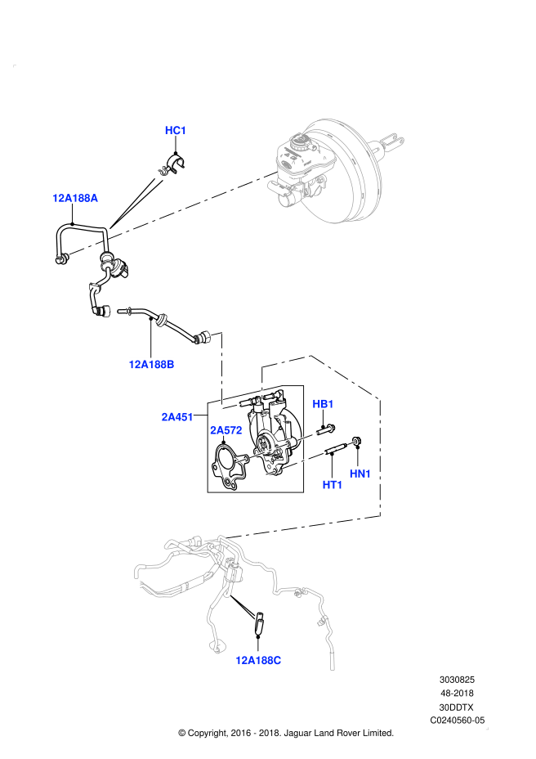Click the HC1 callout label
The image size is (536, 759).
click(x=176, y=130)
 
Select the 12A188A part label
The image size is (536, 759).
click(x=75, y=198)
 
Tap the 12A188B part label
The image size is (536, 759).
click(x=151, y=364)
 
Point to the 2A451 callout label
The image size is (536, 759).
click(x=177, y=416)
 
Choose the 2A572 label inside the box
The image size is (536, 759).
click(x=225, y=429)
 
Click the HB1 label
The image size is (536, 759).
click(x=324, y=404)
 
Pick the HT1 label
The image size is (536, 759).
click(x=333, y=485)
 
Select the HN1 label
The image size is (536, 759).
click(x=360, y=474)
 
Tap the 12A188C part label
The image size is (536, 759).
click(x=258, y=660)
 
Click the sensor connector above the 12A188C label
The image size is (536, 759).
click(x=259, y=624)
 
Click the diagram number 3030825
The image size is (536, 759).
click(x=457, y=679)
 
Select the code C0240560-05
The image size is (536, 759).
click(x=458, y=721)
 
